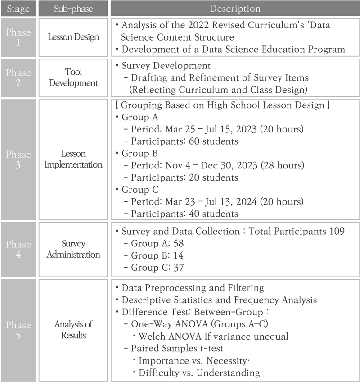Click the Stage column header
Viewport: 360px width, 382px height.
click(18, 9)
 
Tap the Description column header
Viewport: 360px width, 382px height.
click(235, 9)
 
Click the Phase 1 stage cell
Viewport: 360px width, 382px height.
click(18, 37)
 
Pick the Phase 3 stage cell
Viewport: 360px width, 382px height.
click(18, 159)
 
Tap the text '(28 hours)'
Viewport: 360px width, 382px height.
click(281, 166)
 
